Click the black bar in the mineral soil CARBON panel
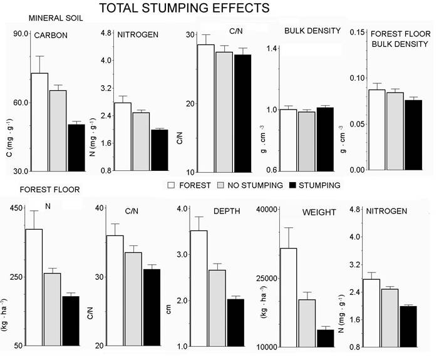(76, 148)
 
